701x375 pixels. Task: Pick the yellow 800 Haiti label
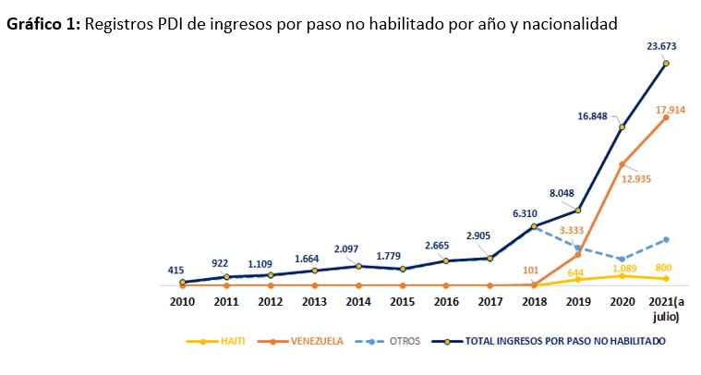(665, 268)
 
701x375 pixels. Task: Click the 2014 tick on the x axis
(358, 302)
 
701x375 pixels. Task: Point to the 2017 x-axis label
(489, 302)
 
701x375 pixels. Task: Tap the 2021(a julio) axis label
(665, 308)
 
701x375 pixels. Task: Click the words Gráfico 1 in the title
(43, 22)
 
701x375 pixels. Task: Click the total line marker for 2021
(665, 64)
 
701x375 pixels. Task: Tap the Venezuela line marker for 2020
(622, 163)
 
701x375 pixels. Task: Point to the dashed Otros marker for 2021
(665, 239)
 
